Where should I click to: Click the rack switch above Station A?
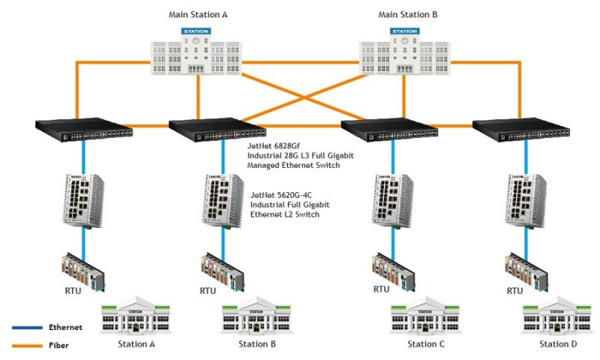(84, 130)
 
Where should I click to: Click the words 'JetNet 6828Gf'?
(275, 145)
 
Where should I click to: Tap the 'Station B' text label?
(257, 344)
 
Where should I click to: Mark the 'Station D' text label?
(558, 344)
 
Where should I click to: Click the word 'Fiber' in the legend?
(59, 346)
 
